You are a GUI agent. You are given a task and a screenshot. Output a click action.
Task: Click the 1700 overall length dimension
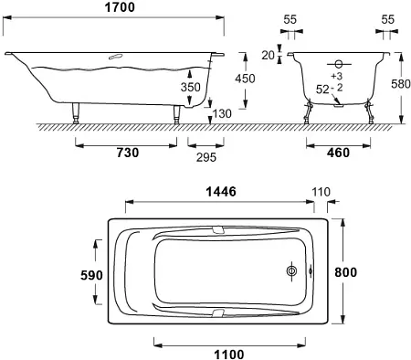click(x=120, y=7)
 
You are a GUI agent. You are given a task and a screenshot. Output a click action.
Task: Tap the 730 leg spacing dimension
click(x=128, y=153)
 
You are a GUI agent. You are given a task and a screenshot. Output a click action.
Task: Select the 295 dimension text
click(x=206, y=157)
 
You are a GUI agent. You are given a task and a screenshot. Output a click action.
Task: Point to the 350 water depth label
click(x=191, y=88)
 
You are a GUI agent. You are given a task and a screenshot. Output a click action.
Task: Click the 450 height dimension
click(x=245, y=79)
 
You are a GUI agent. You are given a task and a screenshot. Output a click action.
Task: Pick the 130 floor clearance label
click(x=222, y=114)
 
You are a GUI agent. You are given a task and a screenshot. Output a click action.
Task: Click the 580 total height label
click(x=401, y=84)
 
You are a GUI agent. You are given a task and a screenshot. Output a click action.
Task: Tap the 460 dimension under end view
click(x=338, y=153)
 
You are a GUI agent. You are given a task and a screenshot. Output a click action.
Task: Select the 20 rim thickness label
click(x=268, y=56)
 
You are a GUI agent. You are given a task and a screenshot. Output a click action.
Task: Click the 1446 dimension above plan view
click(x=221, y=192)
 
